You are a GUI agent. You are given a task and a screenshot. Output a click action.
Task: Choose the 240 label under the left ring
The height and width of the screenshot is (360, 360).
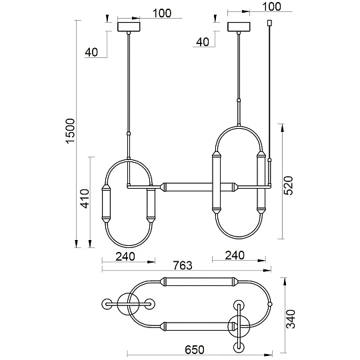(125, 256)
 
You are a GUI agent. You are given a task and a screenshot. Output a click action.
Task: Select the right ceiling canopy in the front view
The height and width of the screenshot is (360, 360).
(238, 27)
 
